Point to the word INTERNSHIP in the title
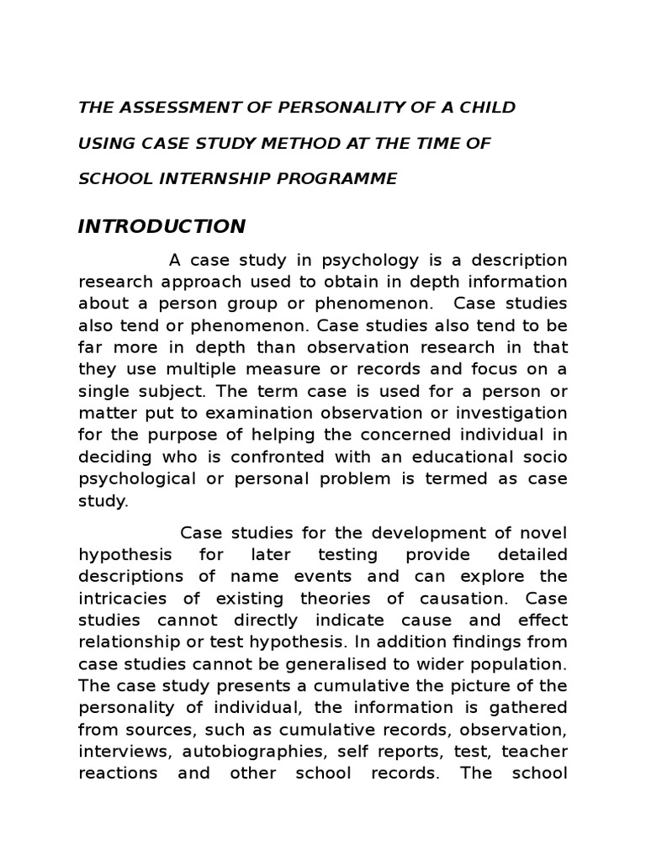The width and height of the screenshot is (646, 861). click(x=218, y=178)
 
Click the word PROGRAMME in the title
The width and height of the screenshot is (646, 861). click(x=344, y=178)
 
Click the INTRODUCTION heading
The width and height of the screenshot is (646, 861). click(x=161, y=226)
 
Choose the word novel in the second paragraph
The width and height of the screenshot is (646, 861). click(x=538, y=533)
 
